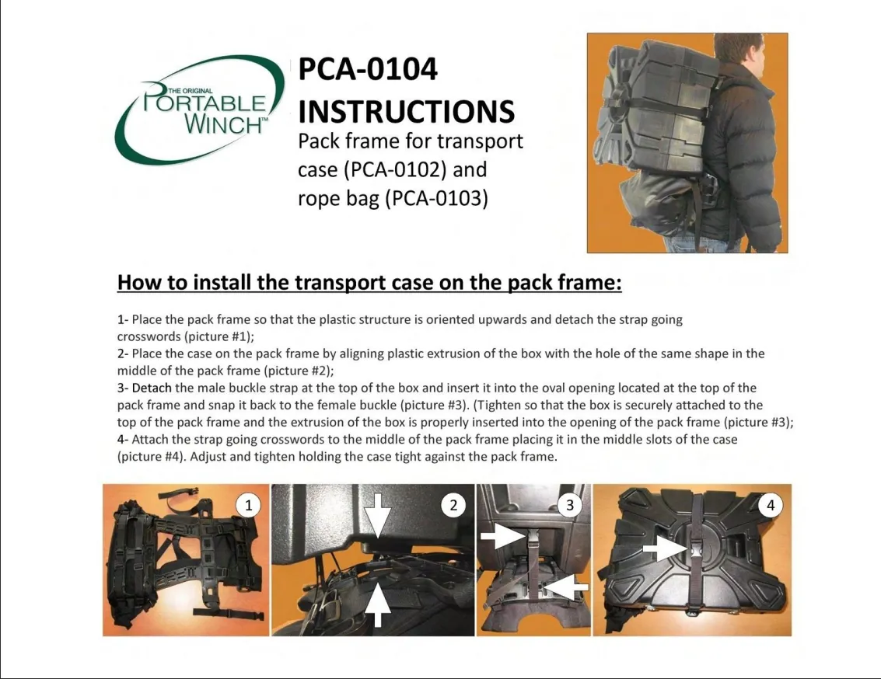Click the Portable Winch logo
[x=200, y=109]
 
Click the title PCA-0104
[x=368, y=69]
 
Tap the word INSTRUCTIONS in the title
[x=406, y=111]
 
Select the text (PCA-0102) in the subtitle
[x=394, y=169]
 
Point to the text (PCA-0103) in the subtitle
[x=436, y=199]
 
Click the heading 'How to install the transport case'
[x=369, y=282]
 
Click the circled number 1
[x=248, y=505]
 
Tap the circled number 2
[x=453, y=505]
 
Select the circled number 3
[x=570, y=505]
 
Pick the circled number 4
[x=771, y=505]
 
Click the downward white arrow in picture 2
[x=378, y=515]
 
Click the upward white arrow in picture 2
[x=378, y=605]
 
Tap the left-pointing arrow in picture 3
[x=566, y=587]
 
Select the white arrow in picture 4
[x=665, y=547]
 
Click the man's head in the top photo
[x=738, y=49]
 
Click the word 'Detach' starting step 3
[x=152, y=388]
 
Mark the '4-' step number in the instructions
[x=123, y=440]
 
